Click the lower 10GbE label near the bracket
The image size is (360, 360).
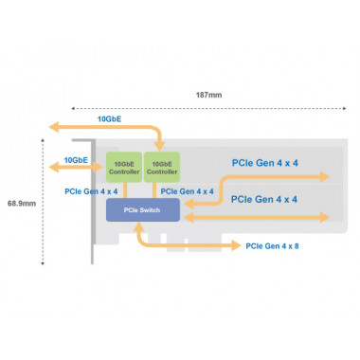(76, 161)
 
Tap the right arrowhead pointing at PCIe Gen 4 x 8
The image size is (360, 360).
(238, 245)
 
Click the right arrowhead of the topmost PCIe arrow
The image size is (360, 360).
(325, 176)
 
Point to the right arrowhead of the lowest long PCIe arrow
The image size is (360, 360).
(325, 216)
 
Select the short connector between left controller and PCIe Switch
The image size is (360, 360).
(123, 190)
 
